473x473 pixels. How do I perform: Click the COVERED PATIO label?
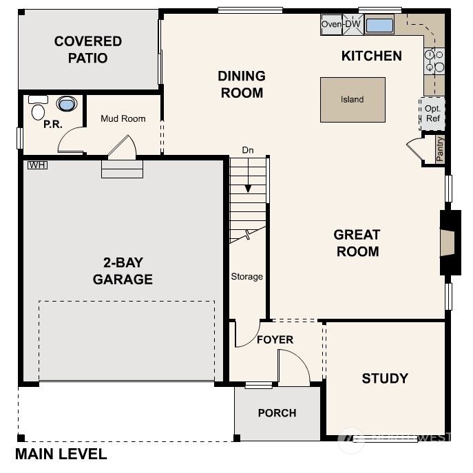88,50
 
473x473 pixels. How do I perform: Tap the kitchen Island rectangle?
353,99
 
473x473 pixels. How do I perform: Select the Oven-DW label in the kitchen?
341,25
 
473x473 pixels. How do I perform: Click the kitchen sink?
379,25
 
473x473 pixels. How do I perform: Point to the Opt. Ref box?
432,114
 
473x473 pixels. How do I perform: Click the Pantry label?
440,148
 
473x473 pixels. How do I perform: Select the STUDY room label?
385,378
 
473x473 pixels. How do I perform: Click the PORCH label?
277,413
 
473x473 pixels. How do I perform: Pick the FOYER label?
275,339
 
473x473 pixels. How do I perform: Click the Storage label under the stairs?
246,277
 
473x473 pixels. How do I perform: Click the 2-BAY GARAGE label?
123,271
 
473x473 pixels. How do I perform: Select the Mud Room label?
123,118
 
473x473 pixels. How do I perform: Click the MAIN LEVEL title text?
61,454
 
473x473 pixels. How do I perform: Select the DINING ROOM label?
242,84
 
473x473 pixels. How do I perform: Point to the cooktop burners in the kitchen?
434,61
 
